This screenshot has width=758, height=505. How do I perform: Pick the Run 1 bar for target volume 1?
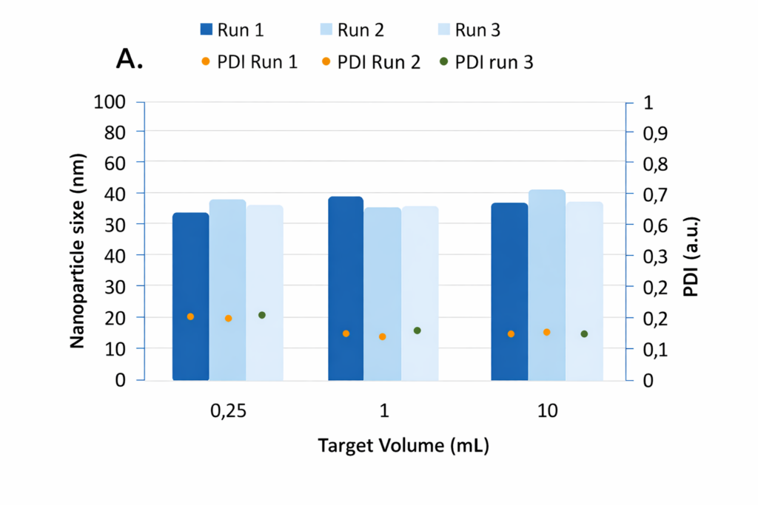346,288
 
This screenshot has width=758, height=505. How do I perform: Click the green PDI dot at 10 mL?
584,334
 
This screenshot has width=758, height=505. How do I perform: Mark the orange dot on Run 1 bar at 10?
511,334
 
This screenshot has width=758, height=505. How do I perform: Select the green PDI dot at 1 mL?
417,331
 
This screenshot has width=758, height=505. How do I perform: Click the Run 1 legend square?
207,30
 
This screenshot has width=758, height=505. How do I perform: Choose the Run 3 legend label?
478,30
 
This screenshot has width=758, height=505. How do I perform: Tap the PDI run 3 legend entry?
494,63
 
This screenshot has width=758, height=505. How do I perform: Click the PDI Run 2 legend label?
378,63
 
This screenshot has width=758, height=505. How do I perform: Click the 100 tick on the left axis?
110,101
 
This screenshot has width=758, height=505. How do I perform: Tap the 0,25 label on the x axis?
228,412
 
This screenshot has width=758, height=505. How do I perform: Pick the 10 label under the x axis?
547,412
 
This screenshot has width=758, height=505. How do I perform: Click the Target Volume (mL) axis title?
404,446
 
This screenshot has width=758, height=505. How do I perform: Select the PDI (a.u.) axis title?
691,257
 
